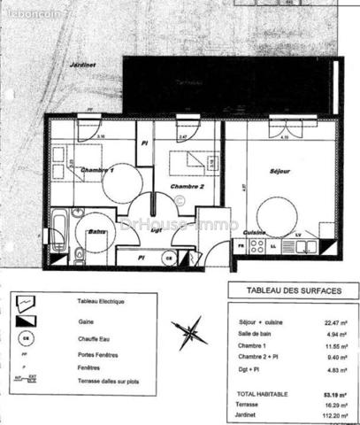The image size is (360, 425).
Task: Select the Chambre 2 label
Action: (x=188, y=187)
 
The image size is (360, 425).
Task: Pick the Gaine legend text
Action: (x=86, y=319)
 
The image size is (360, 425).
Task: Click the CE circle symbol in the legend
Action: (x=27, y=337)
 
